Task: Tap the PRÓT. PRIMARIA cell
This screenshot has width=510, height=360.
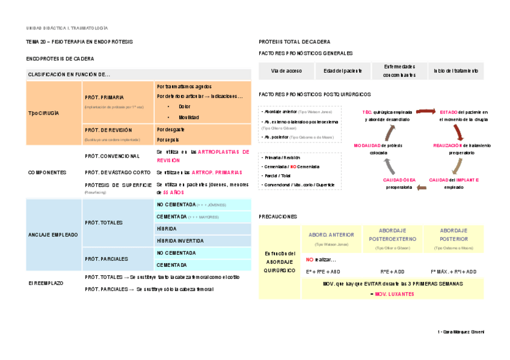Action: (x=105, y=97)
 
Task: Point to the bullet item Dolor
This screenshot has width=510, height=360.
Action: (x=185, y=106)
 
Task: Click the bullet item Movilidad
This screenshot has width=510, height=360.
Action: (x=188, y=117)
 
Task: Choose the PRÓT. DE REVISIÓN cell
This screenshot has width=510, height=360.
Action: (x=109, y=130)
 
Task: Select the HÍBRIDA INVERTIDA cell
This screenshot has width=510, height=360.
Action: (x=180, y=240)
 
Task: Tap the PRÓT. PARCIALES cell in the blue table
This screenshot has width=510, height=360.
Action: (x=106, y=259)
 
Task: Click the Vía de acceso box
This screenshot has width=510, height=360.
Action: (x=286, y=71)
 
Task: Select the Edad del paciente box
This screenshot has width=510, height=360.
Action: (x=342, y=71)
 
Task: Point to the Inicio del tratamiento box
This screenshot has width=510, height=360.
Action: (x=455, y=71)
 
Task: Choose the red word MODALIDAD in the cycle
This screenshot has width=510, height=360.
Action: (x=370, y=145)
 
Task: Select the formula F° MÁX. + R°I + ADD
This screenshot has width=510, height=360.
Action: (x=453, y=272)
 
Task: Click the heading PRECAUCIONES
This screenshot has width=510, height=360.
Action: (x=278, y=216)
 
